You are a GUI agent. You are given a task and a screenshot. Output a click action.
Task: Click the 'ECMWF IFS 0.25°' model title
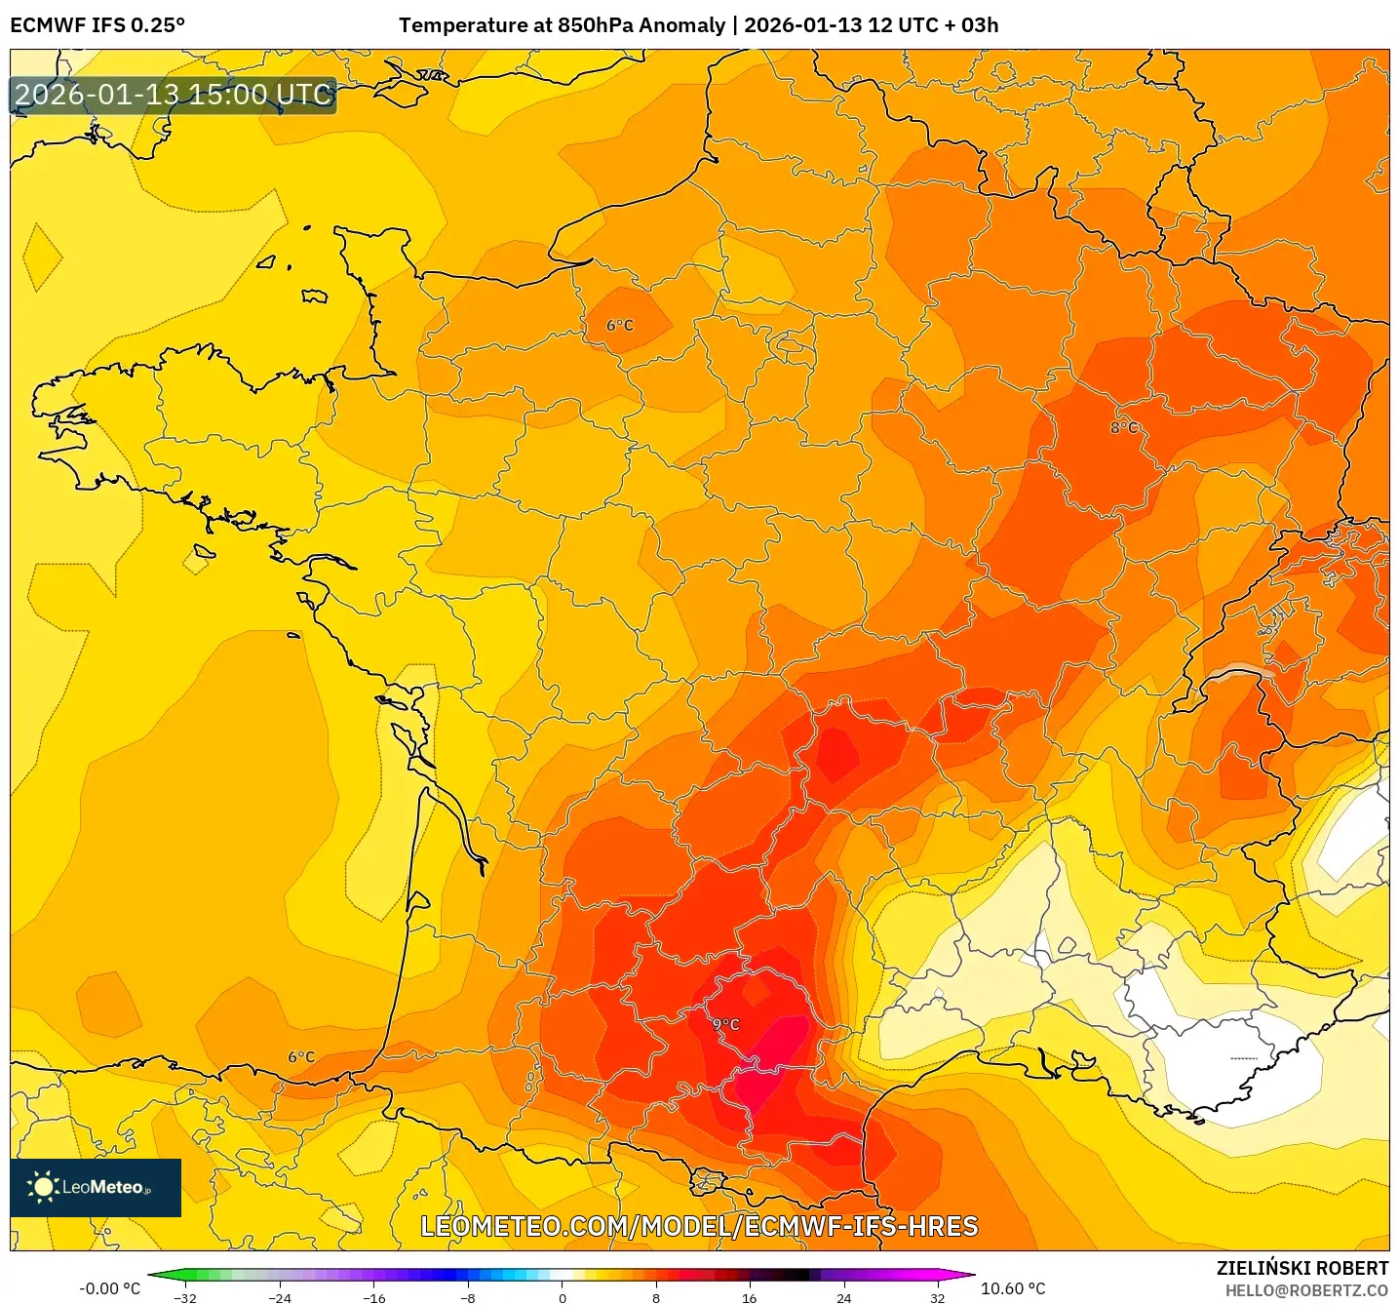point(97,25)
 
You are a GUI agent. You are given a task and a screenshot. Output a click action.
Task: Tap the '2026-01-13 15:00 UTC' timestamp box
point(174,95)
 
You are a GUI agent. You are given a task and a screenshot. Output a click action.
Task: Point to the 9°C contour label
point(726,1024)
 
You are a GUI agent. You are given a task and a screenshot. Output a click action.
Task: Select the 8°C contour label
point(1123,427)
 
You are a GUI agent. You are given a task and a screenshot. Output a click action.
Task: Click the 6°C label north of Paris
point(620,325)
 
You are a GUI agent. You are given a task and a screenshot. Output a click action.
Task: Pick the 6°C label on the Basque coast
point(301,1056)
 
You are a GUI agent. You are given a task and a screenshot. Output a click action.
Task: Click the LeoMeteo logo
point(96,1187)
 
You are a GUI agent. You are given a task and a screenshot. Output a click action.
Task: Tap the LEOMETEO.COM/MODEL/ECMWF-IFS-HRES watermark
point(699,1226)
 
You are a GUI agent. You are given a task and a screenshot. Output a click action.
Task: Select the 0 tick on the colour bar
point(562,1297)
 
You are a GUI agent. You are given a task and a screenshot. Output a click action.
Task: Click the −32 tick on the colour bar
point(185,1297)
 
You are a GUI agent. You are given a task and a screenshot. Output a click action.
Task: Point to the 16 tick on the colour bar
point(749,1297)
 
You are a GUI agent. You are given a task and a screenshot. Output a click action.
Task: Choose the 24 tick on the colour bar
point(843,1297)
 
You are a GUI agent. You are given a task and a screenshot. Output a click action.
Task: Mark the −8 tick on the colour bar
point(468,1297)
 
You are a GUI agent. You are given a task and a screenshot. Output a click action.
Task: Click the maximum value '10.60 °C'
point(1013,1288)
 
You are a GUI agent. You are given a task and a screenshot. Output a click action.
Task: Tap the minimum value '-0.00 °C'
point(109,1288)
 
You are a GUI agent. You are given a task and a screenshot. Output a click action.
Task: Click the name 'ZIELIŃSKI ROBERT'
point(1302,1268)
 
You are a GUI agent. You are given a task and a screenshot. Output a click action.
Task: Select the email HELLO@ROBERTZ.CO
point(1306,1290)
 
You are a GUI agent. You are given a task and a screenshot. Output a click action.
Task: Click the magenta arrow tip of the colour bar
point(965,1274)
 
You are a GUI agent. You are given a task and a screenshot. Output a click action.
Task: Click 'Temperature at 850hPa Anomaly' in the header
point(562,25)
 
